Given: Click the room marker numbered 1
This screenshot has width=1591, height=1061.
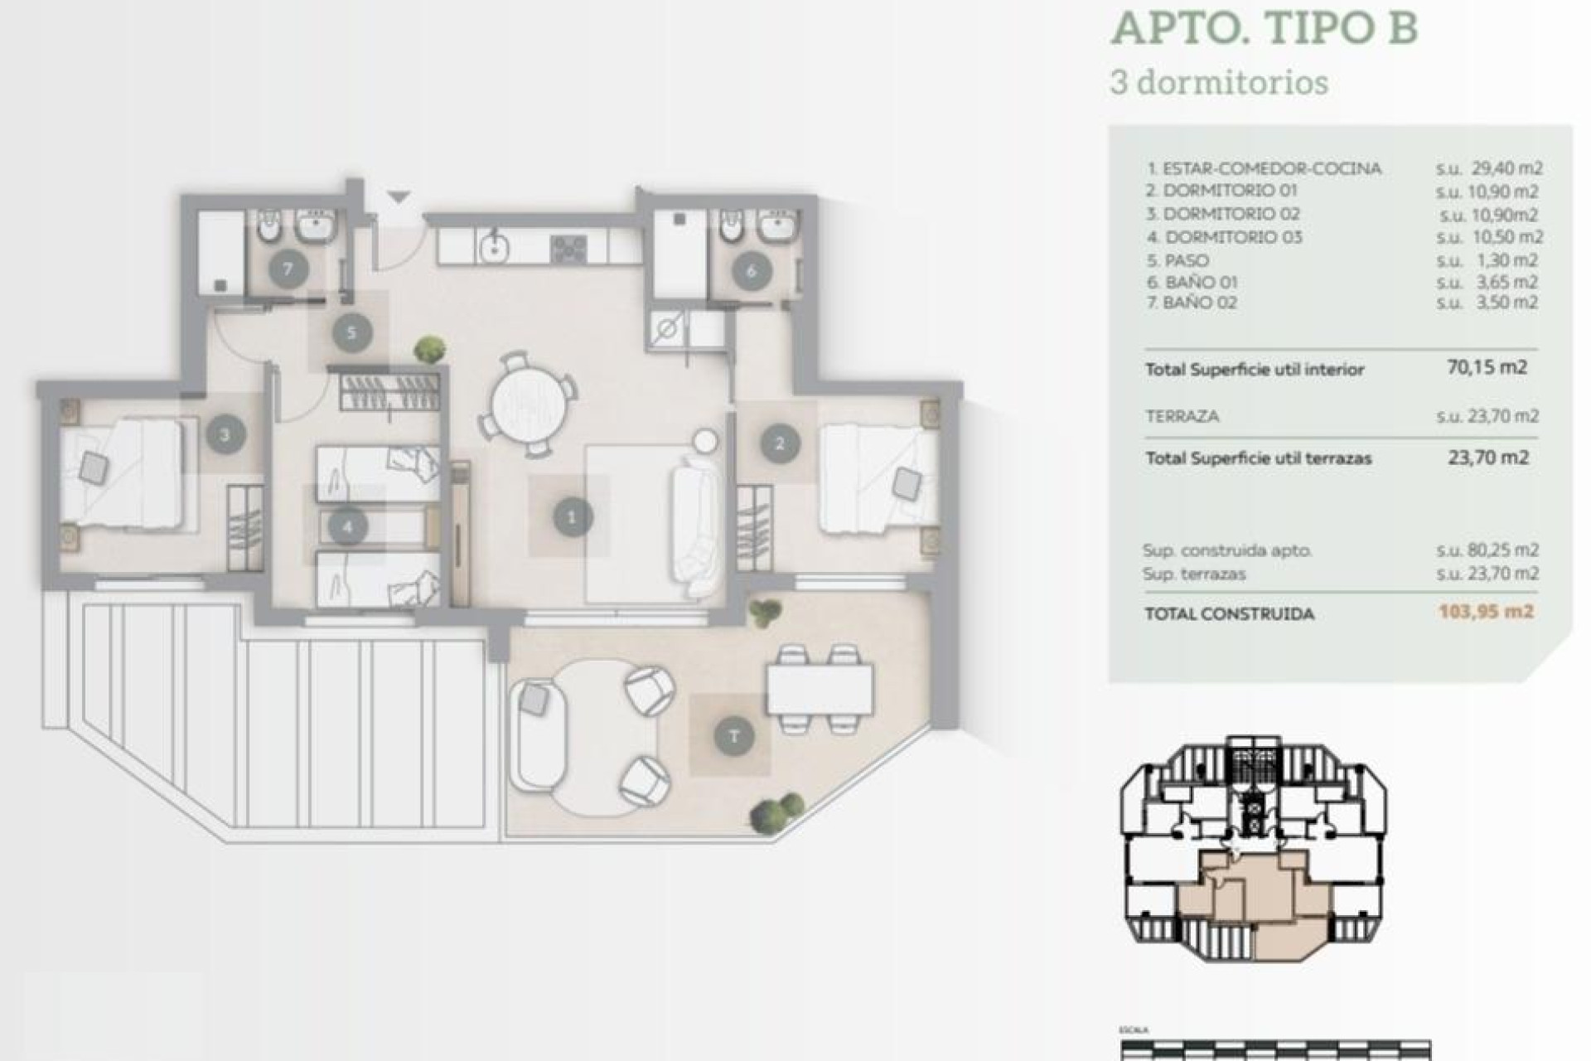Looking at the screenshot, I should [571, 517].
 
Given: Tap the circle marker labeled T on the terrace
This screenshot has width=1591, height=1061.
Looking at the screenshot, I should [733, 736].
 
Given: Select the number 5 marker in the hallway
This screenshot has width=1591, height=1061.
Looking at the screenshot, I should [351, 332].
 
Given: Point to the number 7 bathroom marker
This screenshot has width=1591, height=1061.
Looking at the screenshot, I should [288, 269].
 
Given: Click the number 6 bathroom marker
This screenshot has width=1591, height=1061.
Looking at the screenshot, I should [751, 271].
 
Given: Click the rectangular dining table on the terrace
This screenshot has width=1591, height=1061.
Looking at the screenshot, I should [820, 690].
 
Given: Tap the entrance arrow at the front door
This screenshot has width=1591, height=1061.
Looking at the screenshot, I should [399, 197].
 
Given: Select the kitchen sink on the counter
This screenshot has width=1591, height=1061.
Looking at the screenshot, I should [495, 246].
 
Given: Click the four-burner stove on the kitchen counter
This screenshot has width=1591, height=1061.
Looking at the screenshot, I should [569, 248].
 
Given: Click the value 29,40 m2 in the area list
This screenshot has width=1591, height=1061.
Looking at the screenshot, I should [1506, 168].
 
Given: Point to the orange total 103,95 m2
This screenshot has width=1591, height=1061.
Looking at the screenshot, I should [1487, 612].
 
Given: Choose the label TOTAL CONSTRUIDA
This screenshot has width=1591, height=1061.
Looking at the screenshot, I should [1229, 614].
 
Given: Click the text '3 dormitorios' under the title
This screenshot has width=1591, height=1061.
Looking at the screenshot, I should [1218, 83].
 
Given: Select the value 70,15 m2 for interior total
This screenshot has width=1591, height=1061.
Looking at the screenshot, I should [1487, 366].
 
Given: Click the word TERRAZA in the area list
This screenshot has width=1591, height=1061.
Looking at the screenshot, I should [1182, 416].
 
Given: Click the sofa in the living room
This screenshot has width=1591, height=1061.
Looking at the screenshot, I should [694, 529].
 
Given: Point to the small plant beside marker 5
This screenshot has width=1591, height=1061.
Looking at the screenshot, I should [429, 348].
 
